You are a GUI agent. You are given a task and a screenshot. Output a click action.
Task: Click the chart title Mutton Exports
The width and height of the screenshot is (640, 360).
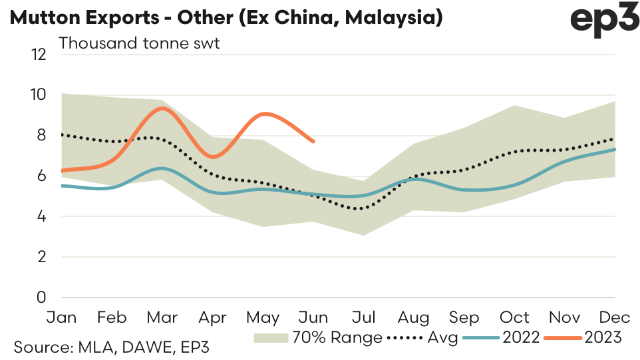pyautogui.click(x=226, y=17)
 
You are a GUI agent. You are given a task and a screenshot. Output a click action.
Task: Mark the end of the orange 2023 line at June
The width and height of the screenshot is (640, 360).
pyautogui.click(x=313, y=141)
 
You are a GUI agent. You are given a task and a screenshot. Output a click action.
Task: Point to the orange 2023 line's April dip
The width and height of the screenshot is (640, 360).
pyautogui.click(x=213, y=157)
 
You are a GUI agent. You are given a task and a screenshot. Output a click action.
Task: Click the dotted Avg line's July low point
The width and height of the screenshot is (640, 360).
pyautogui.click(x=360, y=209)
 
